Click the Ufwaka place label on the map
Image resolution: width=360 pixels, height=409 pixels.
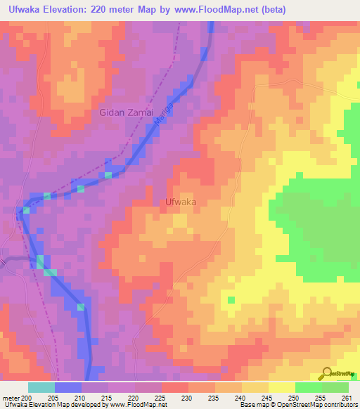[x=179, y=202]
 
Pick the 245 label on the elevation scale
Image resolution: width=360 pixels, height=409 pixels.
[x=269, y=398]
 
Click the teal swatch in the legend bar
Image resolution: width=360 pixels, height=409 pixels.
[x=41, y=387]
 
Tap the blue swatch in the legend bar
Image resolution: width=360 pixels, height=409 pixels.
[x=68, y=387]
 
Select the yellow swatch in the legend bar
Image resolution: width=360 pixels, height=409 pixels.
[x=281, y=387]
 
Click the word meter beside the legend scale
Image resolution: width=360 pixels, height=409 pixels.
[x=11, y=398]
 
